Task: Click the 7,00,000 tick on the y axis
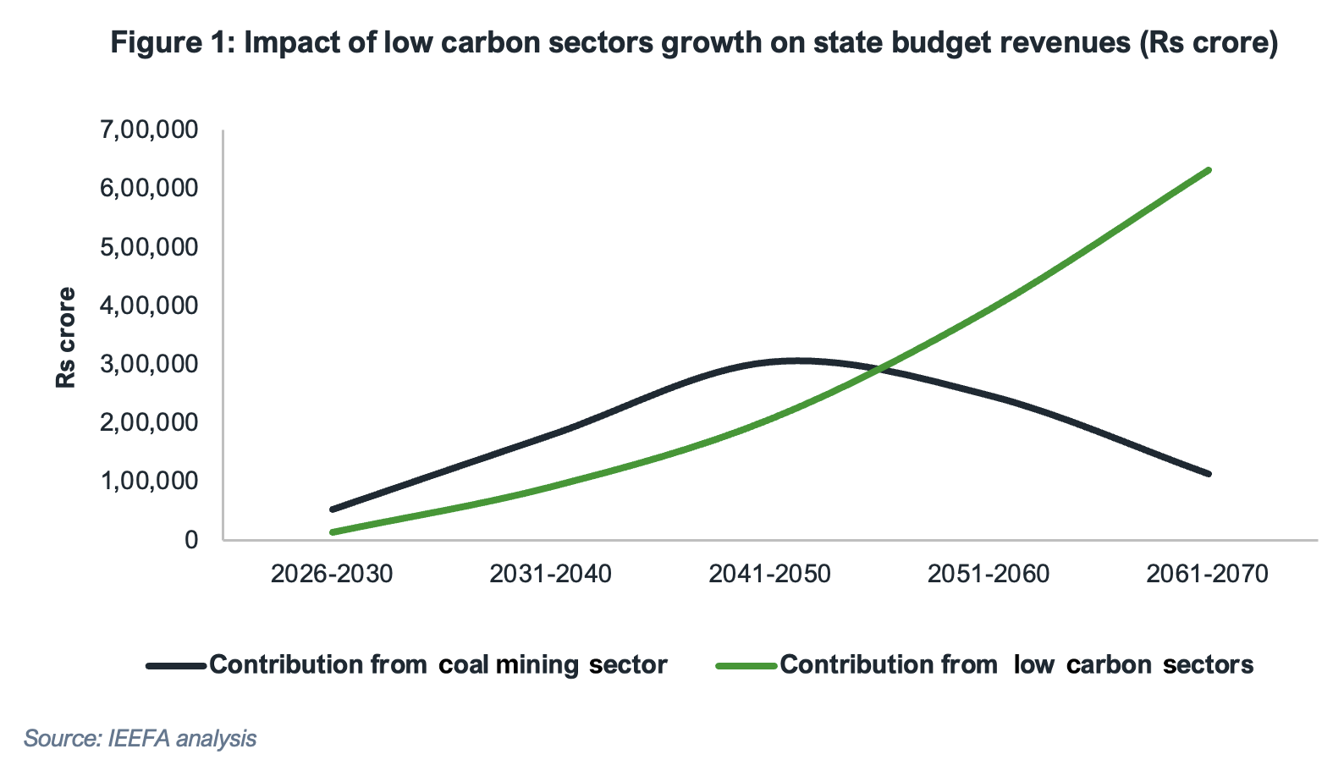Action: [149, 129]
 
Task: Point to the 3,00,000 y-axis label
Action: [149, 364]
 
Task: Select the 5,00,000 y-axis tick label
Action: [149, 247]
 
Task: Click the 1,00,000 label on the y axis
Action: [149, 481]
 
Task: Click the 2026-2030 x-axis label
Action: [332, 574]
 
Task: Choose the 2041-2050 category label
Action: [769, 574]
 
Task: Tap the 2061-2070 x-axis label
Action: [1208, 574]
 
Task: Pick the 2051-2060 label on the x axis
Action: [989, 574]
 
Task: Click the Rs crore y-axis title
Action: [66, 339]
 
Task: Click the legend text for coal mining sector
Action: [438, 665]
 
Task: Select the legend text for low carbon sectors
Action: [1016, 665]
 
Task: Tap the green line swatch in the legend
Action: [746, 666]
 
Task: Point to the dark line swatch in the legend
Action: [176, 666]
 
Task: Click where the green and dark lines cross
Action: [880, 369]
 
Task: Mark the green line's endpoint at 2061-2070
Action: [1209, 170]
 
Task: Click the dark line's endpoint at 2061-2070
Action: [1209, 474]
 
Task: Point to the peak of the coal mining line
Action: [796, 361]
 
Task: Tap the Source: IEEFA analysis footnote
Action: [140, 739]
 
